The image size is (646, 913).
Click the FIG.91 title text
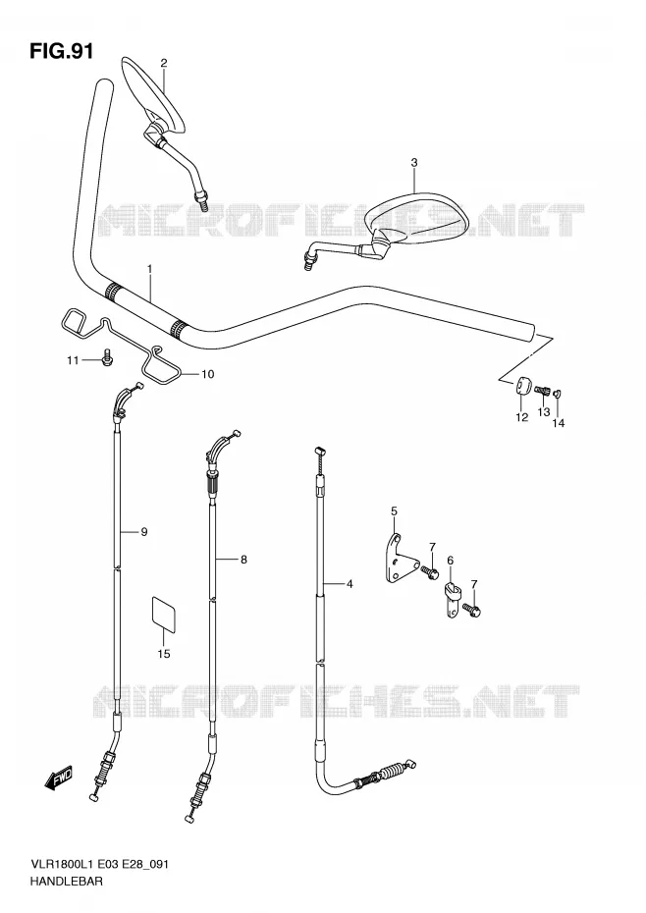point(61,51)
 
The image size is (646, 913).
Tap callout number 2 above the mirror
point(164,63)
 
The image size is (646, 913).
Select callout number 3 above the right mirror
point(414,162)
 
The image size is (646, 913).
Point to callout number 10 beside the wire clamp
point(208,374)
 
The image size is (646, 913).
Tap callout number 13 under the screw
point(544,412)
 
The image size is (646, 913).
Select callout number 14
point(559,423)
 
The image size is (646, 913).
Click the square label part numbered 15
point(164,614)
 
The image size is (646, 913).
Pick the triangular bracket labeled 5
point(399,558)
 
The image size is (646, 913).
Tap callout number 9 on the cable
point(144,532)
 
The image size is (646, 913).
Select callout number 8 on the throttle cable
point(243,560)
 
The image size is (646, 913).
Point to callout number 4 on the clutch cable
point(350,583)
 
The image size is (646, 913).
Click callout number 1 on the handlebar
point(149,269)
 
